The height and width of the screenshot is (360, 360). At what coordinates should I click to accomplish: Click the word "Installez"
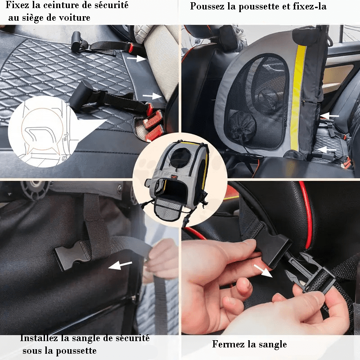[x=38, y=338]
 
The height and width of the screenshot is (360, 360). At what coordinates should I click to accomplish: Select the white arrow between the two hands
[x=263, y=271]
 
